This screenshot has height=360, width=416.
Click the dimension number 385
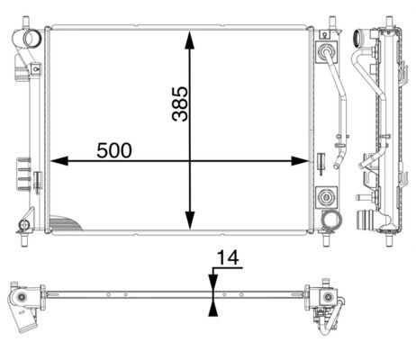pos(179,105)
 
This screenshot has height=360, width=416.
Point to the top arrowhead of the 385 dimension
pos(189,40)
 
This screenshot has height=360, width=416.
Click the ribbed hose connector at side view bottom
pos(366,220)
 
